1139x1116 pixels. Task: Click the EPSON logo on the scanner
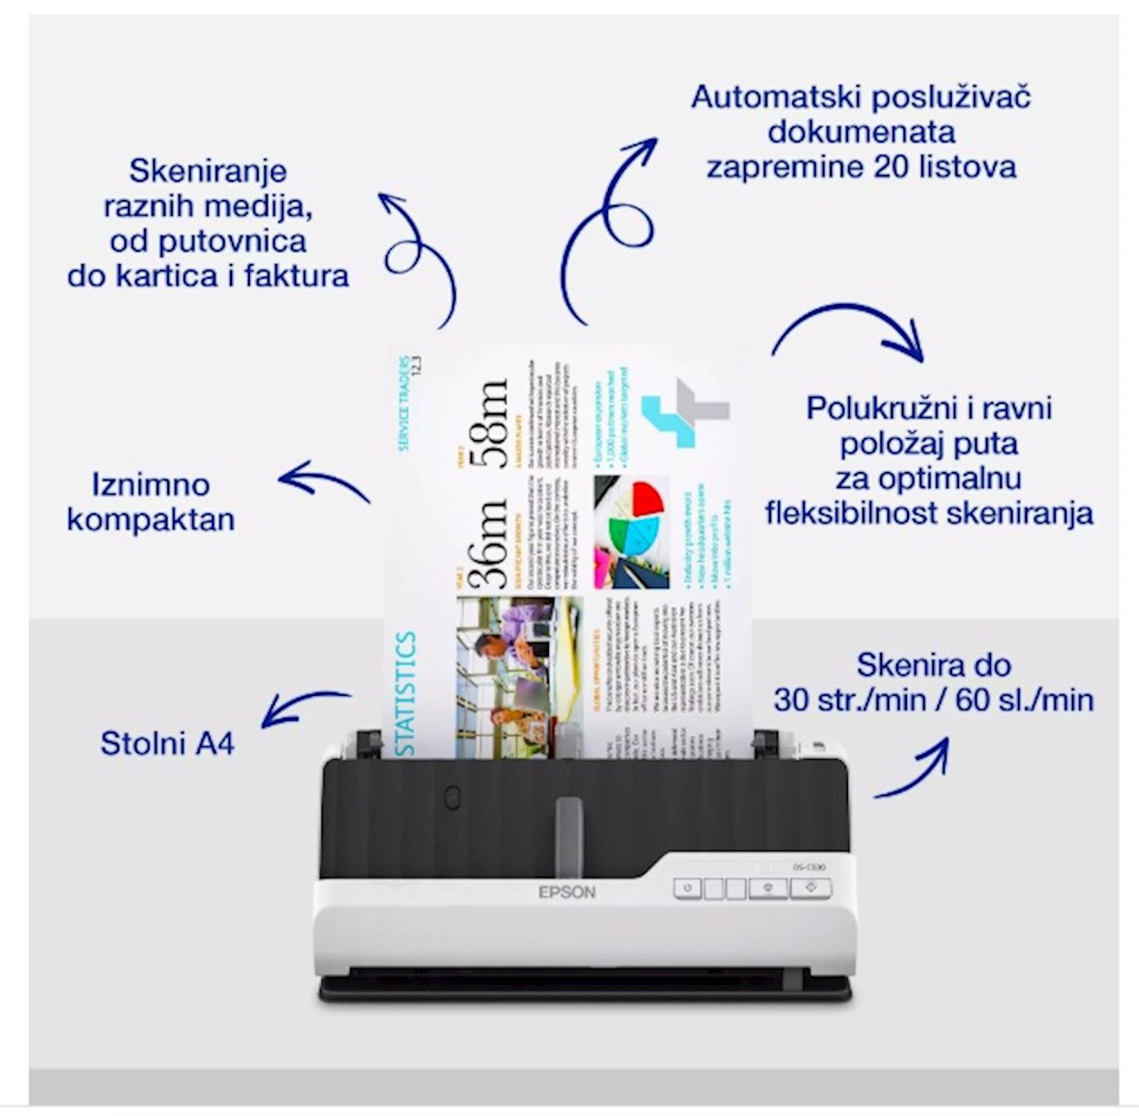click(x=567, y=892)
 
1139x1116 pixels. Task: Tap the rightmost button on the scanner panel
click(x=811, y=887)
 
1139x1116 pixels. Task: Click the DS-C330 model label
click(x=809, y=867)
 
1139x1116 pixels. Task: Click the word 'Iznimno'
click(x=151, y=485)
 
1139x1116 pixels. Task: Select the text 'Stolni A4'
click(x=167, y=744)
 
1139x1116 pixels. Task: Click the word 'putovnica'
click(x=232, y=241)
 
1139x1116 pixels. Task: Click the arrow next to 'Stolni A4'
click(x=303, y=706)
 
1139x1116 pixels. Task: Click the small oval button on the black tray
click(x=451, y=798)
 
